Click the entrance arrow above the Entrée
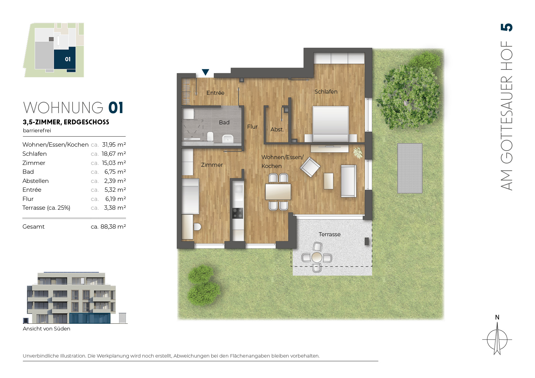pos(206,72)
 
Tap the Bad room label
pos(224,123)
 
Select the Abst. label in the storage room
pos(277,130)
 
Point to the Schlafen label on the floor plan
pos(326,92)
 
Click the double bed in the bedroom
pos(331,124)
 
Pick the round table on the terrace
pos(317,257)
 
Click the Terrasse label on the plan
pos(329,234)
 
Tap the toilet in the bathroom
pos(210,136)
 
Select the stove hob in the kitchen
pos(238,213)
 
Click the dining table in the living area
pos(278,192)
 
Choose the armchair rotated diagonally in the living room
pos(310,167)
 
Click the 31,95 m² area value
pos(114,144)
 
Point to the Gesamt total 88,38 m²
pos(108,227)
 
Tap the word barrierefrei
pos(37,130)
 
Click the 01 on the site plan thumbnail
pos(68,59)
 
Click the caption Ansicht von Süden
pos(46,329)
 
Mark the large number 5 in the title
pos(507,27)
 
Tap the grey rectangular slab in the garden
pos(410,168)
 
